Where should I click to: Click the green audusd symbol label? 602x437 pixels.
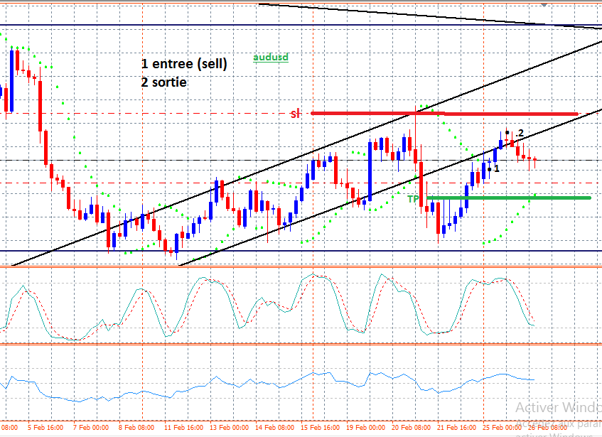coord(271,57)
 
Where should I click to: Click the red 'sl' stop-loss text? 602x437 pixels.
coord(295,114)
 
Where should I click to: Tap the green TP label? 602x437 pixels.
coord(413,199)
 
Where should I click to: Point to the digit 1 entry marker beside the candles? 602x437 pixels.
coord(496,168)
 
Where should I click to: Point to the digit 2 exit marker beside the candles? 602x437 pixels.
coord(520,134)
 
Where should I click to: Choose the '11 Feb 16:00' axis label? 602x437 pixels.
coord(183,427)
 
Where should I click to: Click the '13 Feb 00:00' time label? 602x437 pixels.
coord(228,427)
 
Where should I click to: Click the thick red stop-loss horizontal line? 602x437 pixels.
coord(498,114)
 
